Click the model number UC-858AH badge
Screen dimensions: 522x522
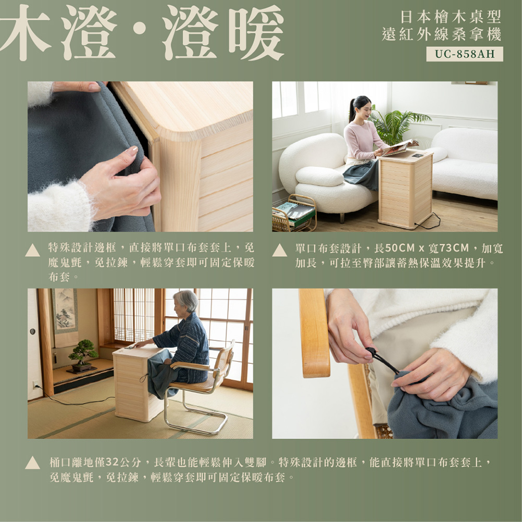click(465, 54)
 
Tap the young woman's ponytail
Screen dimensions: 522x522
click(352, 109)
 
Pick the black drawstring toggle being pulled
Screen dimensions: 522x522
click(372, 352)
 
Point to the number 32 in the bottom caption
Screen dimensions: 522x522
click(112, 462)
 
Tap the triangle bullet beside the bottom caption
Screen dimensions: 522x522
click(32, 463)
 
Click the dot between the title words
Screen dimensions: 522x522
click(139, 28)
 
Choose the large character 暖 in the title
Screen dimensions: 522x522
click(256, 32)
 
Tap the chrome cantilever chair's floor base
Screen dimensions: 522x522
click(196, 423)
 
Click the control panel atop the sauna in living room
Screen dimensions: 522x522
click(418, 156)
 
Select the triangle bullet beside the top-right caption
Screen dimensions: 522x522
click(279, 251)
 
